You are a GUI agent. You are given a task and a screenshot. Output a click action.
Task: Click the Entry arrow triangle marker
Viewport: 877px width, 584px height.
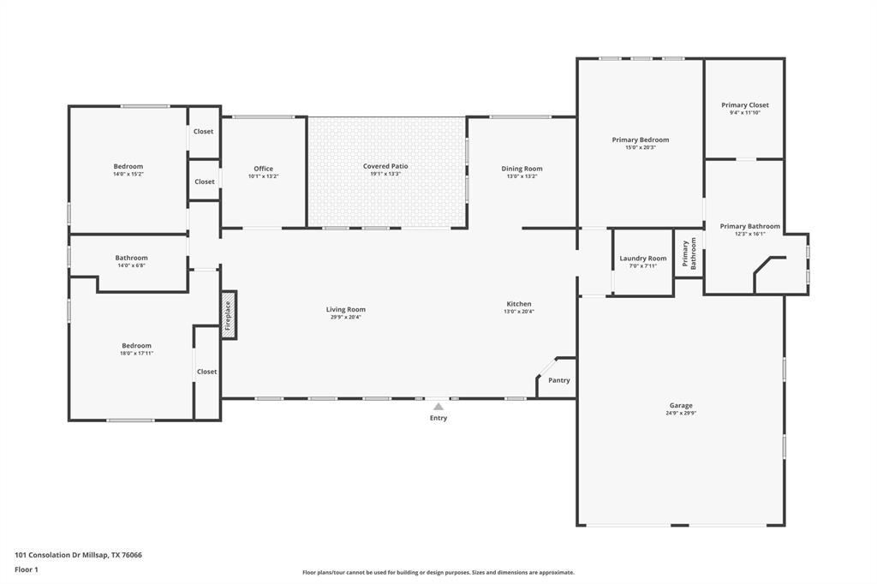pos(438,407)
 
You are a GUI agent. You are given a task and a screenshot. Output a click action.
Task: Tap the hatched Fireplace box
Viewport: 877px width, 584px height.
pos(229,315)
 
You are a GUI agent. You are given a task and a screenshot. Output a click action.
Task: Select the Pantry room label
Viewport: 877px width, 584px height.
pos(558,380)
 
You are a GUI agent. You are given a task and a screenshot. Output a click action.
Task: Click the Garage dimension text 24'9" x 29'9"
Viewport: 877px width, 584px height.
pos(681,413)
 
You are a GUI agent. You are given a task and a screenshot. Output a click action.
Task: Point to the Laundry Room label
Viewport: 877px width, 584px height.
pos(642,259)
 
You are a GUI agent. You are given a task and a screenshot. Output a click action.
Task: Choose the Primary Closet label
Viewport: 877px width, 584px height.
pos(744,105)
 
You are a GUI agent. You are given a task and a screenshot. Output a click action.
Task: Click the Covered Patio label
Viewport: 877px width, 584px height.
pos(385,166)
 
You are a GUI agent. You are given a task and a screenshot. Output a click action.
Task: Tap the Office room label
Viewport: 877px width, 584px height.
pos(263,169)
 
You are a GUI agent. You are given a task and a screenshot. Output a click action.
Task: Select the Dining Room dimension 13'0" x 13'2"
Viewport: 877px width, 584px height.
pos(522,176)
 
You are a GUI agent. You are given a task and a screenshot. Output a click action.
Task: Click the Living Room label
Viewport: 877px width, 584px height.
pos(345,309)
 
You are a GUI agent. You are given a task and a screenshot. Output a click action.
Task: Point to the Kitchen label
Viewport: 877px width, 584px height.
pos(519,304)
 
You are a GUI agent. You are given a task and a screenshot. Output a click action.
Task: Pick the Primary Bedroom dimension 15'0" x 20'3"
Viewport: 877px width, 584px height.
pos(640,147)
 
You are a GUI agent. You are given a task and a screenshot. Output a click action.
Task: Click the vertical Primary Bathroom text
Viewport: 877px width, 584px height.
pos(689,254)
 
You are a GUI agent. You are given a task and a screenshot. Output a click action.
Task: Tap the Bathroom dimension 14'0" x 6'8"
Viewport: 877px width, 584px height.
pos(131,265)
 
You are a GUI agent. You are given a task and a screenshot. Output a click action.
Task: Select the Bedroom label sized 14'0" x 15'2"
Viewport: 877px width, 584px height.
pos(128,166)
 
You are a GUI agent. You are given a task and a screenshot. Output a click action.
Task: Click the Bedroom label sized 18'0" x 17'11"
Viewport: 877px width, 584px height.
pos(136,346)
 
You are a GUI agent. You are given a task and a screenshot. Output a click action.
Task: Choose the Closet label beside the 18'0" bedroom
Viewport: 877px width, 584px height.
pos(206,372)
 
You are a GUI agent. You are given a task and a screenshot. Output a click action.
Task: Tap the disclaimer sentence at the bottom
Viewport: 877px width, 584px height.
pos(438,572)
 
